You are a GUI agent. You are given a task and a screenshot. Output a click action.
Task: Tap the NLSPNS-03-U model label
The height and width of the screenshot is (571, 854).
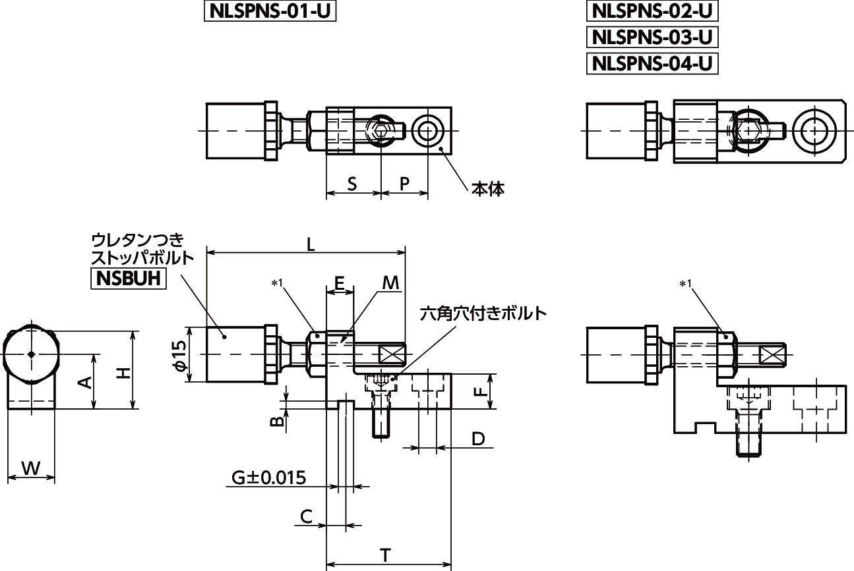pyautogui.click(x=651, y=37)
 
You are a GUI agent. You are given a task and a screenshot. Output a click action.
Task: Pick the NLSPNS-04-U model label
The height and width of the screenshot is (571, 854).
pyautogui.click(x=651, y=63)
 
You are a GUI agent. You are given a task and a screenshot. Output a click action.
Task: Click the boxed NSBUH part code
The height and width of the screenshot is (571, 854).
pyautogui.click(x=128, y=278)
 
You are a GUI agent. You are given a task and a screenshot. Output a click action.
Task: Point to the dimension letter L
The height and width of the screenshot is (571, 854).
pyautogui.click(x=311, y=243)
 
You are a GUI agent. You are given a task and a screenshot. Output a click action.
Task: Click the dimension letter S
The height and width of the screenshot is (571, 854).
pyautogui.click(x=352, y=184)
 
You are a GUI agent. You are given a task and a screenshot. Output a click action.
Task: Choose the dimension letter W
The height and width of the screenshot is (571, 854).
pyautogui.click(x=30, y=468)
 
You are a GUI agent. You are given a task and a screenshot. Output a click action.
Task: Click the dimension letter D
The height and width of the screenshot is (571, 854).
pyautogui.click(x=479, y=439)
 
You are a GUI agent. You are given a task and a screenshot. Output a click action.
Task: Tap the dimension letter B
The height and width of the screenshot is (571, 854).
pyautogui.click(x=278, y=421)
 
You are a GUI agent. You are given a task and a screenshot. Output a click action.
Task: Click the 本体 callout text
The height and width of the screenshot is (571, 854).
pyautogui.click(x=487, y=189)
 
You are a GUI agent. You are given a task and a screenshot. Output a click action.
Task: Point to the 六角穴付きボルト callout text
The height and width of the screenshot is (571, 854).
pyautogui.click(x=483, y=313)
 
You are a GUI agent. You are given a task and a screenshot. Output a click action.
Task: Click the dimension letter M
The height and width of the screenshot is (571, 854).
pyautogui.click(x=391, y=283)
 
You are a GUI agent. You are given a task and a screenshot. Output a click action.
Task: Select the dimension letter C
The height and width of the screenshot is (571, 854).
pyautogui.click(x=307, y=516)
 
